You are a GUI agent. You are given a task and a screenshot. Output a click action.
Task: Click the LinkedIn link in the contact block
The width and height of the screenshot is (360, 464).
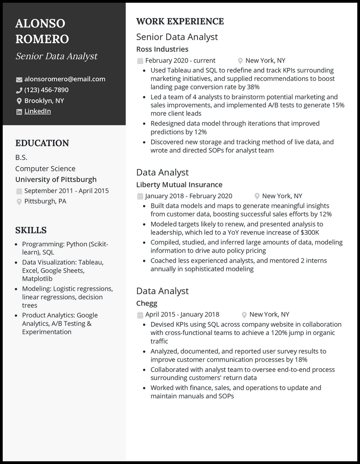pyautogui.click(x=37, y=112)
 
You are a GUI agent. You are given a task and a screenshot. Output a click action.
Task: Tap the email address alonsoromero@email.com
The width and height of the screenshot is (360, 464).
pyautogui.click(x=65, y=79)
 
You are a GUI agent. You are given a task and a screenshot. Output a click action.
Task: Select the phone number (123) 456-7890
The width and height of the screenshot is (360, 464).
pyautogui.click(x=46, y=90)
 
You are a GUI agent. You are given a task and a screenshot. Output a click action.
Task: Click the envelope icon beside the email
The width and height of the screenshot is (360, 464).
pyautogui.click(x=19, y=80)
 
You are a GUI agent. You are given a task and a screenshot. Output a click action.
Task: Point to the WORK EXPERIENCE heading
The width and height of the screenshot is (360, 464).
pyautogui.click(x=180, y=21)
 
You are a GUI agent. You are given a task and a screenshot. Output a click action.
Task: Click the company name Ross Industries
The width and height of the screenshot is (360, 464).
pyautogui.click(x=162, y=49)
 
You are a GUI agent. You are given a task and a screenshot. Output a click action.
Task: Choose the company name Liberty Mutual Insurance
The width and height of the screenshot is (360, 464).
pyautogui.click(x=179, y=184)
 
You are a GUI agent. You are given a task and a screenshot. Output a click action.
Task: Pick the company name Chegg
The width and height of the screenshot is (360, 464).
pyautogui.click(x=147, y=303)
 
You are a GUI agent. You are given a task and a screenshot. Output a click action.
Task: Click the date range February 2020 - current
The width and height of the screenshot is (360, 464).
pyautogui.click(x=180, y=61)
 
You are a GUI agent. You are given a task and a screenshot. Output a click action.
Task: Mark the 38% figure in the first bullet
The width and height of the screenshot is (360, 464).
pyautogui.click(x=253, y=87)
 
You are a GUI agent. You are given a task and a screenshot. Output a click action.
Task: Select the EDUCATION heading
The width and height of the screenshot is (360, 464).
pyautogui.click(x=42, y=143)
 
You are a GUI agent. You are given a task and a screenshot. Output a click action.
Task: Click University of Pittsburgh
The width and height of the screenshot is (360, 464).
pyautogui.click(x=56, y=179)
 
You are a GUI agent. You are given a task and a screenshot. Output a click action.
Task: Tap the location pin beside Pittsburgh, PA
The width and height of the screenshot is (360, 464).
pyautogui.click(x=19, y=202)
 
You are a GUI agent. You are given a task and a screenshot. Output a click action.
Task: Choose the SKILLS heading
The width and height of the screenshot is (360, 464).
pyautogui.click(x=31, y=230)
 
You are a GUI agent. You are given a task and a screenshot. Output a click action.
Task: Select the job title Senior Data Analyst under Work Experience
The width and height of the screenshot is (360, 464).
pyautogui.click(x=177, y=37)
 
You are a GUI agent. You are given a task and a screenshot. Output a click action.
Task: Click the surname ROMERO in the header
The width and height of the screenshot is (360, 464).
pyautogui.click(x=42, y=39)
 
